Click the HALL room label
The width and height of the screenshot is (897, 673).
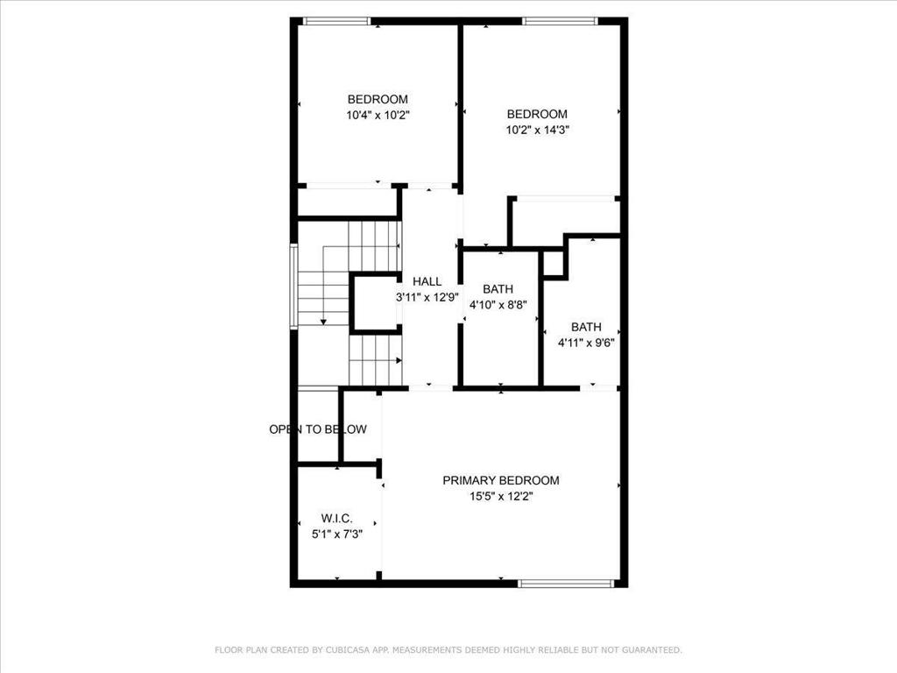(x=427, y=281)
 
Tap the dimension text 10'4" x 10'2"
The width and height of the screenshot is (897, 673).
(x=378, y=115)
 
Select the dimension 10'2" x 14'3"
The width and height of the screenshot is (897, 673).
(x=537, y=130)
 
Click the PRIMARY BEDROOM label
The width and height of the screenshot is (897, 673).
(x=500, y=480)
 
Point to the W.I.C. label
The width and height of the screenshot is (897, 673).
(x=336, y=519)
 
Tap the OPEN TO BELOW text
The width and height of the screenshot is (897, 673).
(x=318, y=429)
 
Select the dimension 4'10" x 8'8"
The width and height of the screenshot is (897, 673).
(x=498, y=305)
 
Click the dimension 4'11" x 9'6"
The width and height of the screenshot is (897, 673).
(x=586, y=343)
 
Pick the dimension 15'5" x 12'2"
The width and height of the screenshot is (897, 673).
(x=500, y=496)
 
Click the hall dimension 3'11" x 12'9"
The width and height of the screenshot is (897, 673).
(x=427, y=297)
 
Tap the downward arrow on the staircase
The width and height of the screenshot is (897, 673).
(x=323, y=321)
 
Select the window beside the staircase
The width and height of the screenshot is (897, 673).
(x=294, y=286)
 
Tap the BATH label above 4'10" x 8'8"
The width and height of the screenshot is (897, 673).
(x=498, y=289)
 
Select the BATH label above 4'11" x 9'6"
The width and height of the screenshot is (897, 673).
(x=586, y=327)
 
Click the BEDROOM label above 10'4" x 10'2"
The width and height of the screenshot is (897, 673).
(x=378, y=99)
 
